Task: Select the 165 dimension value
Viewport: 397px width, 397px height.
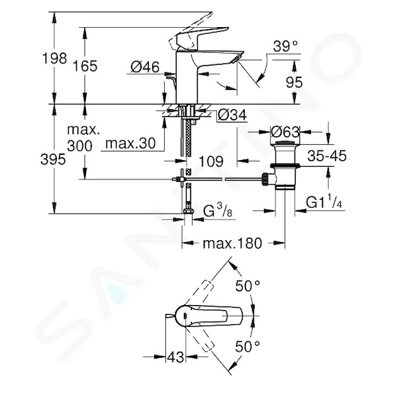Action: [85, 66]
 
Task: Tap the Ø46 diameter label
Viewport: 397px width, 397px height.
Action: [145, 67]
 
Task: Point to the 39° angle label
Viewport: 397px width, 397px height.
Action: [285, 46]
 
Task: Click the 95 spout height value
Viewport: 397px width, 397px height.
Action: [294, 82]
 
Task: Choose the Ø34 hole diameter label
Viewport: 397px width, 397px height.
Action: [232, 115]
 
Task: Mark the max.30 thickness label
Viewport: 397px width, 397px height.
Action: [130, 144]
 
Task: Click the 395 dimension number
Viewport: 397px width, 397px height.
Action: [53, 159]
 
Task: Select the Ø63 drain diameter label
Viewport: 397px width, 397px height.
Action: [285, 132]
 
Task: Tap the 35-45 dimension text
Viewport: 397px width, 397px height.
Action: [327, 155]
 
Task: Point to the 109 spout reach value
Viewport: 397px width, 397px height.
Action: [212, 161]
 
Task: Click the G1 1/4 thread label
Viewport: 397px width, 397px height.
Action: [324, 202]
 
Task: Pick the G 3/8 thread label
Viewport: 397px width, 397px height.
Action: [218, 211]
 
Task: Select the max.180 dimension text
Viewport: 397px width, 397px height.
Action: [232, 243]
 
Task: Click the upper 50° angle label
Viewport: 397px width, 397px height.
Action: [247, 287]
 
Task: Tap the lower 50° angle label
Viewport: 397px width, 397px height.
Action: [247, 346]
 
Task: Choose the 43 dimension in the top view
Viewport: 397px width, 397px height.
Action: [175, 357]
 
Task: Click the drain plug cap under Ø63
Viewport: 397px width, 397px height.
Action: [285, 143]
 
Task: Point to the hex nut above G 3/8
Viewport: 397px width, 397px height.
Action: [188, 211]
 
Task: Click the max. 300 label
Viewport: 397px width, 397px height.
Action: [83, 138]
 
